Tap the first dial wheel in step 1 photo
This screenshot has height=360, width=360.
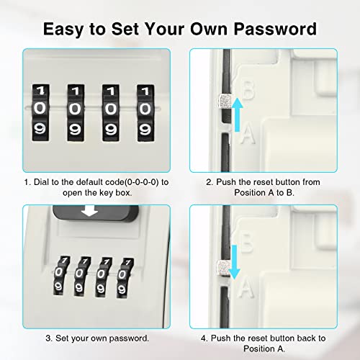(x=42, y=111)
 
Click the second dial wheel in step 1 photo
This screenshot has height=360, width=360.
(x=76, y=111)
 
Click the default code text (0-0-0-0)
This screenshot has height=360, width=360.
(x=133, y=182)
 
